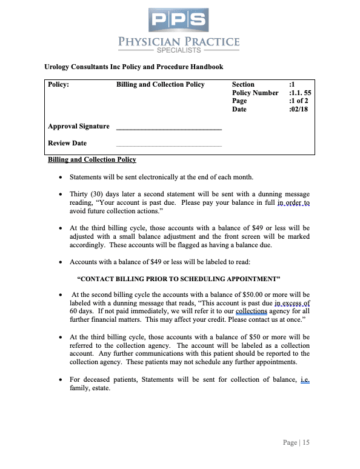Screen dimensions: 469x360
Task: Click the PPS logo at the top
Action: pyautogui.click(x=179, y=20)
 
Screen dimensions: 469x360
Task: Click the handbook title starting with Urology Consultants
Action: pyautogui.click(x=133, y=67)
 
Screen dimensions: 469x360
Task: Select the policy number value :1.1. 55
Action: pyautogui.click(x=301, y=93)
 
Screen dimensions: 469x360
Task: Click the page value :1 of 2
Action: pyautogui.click(x=299, y=101)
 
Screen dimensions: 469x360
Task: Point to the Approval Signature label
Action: pyautogui.click(x=79, y=126)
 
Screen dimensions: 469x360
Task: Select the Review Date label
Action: pyautogui.click(x=67, y=143)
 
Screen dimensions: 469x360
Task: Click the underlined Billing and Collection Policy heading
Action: pyautogui.click(x=92, y=159)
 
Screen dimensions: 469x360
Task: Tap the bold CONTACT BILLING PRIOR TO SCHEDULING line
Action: pyautogui.click(x=179, y=279)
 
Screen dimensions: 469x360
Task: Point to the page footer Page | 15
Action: pyautogui.click(x=296, y=443)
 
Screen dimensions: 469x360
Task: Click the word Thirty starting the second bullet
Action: pyautogui.click(x=80, y=194)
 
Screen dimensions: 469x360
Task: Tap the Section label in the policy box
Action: pyautogui.click(x=243, y=84)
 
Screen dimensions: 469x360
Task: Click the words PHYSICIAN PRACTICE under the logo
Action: pyautogui.click(x=179, y=42)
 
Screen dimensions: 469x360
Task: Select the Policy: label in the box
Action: pyautogui.click(x=58, y=84)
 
